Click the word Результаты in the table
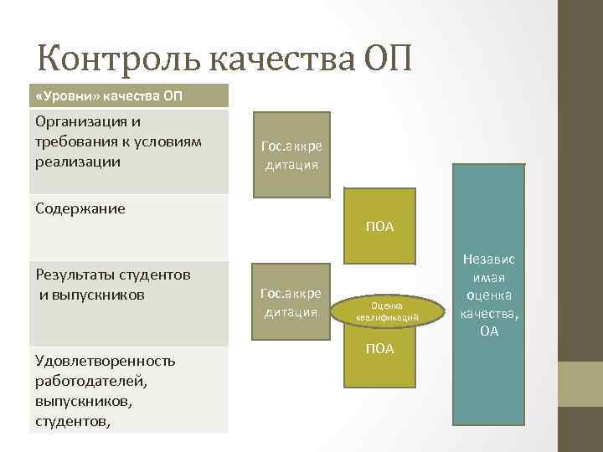(81, 275)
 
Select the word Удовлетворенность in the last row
(106, 361)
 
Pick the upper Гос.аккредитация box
(292, 154)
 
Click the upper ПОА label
(380, 227)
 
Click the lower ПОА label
(380, 349)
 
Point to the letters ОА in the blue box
(490, 331)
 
